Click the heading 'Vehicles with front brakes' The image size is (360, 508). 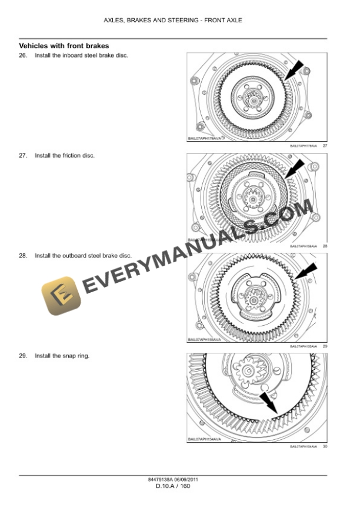point(64,46)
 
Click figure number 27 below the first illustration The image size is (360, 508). point(324,146)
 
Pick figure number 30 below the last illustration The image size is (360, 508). point(324,447)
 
